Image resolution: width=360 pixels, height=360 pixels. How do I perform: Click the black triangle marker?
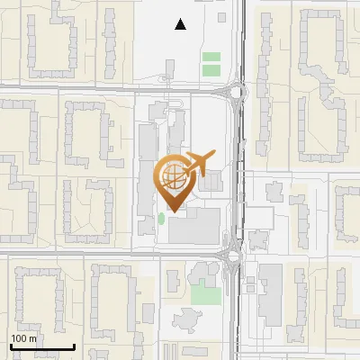[x=181, y=24]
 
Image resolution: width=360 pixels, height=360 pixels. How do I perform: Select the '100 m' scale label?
[x=24, y=338]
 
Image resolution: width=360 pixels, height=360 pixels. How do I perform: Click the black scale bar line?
[x=41, y=346]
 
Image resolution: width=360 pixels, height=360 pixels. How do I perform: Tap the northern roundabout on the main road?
[x=238, y=90]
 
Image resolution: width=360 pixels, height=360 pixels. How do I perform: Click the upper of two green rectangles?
[x=211, y=58]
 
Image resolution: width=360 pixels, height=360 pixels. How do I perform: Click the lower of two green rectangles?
[x=211, y=69]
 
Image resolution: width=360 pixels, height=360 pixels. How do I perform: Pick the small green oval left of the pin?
[x=161, y=218]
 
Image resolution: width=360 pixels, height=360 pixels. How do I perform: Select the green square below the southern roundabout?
[x=205, y=294]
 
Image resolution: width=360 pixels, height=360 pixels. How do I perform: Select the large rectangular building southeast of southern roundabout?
[x=270, y=294]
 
